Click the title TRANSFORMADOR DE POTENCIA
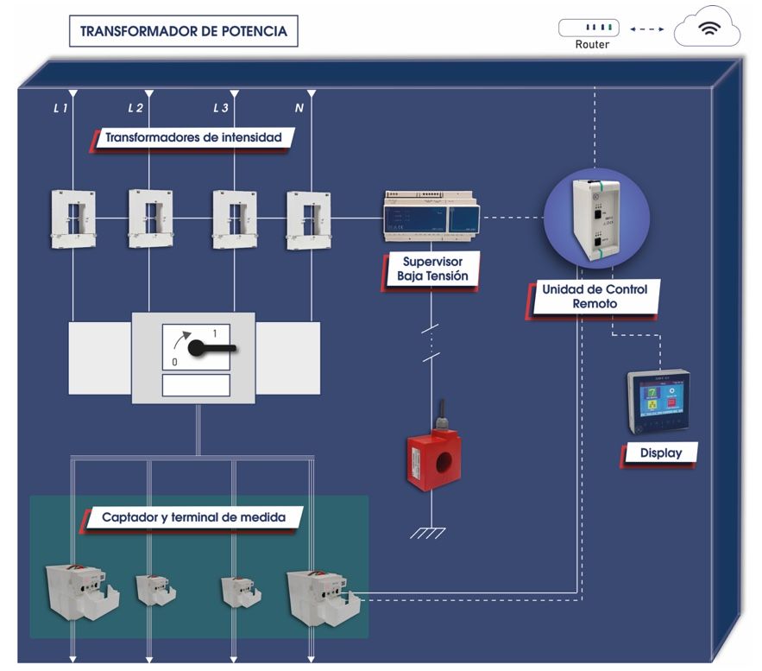183,32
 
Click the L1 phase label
60,108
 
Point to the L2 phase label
135,108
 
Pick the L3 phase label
221,108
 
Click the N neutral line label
299,108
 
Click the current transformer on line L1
72,218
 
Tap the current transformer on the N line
309,218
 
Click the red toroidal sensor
433,462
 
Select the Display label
661,453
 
